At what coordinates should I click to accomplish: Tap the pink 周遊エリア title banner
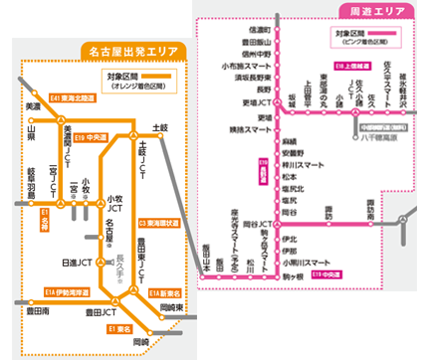coord(370,9)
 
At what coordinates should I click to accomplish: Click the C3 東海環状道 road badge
coord(159,224)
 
